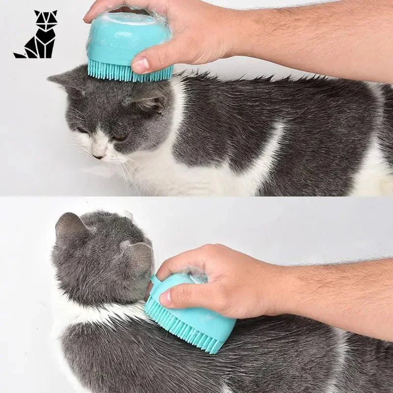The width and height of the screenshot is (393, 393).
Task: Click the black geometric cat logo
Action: coord(36,34)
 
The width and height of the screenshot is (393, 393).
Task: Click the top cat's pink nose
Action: coord(99,156)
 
